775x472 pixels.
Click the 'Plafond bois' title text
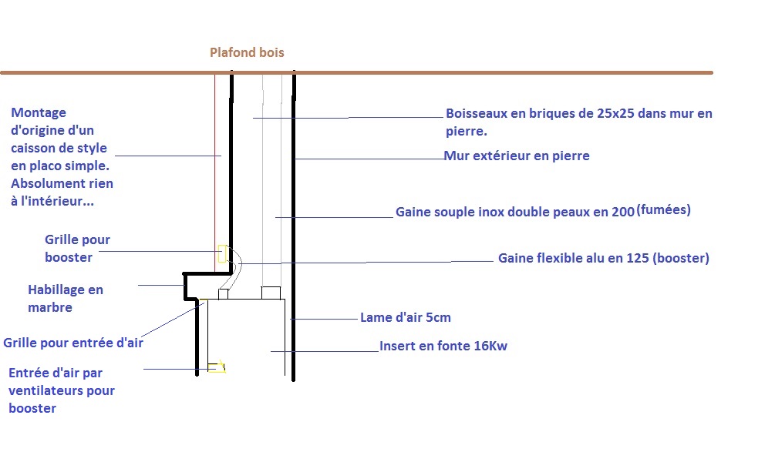pos(247,52)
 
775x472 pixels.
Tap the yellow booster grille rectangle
pos(221,253)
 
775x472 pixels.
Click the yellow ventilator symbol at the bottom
pos(218,367)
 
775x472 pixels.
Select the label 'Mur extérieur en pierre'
pos(517,156)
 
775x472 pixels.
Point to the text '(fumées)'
pos(664,210)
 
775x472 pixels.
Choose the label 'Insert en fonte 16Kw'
pos(443,346)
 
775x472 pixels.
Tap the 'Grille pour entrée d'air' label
pos(73,343)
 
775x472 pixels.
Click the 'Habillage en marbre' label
pos(65,299)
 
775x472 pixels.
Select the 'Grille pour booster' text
pos(77,248)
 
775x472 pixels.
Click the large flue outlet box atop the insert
pos(271,293)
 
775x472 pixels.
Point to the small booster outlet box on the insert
pos(224,293)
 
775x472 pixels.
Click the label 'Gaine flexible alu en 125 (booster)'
pos(603,259)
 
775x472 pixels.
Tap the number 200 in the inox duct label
pos(623,212)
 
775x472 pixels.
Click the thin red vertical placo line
pos(214,169)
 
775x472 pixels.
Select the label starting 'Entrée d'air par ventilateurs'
pos(62,390)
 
